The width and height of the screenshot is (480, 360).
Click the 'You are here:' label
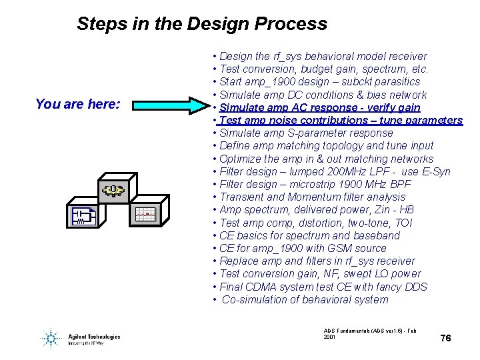(77, 104)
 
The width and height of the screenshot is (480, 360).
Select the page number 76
(446, 338)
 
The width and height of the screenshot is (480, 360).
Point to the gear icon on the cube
(113, 191)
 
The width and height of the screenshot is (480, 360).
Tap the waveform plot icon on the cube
(145, 214)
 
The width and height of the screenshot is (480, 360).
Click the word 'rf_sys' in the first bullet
(288, 56)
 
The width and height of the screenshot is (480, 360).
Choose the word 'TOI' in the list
(404, 223)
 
